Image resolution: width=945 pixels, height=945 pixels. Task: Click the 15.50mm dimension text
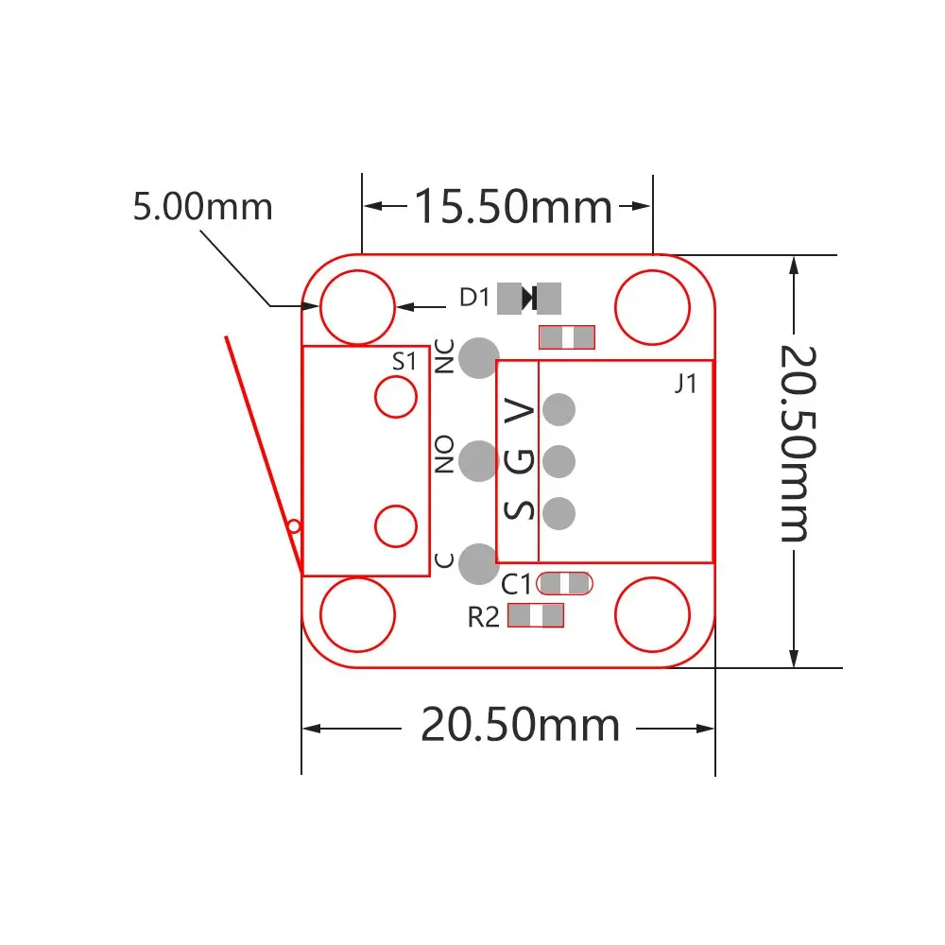514,207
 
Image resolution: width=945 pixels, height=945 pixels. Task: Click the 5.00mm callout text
202,207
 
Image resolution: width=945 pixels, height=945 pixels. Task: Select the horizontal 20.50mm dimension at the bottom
520,726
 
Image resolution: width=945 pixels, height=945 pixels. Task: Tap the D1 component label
474,299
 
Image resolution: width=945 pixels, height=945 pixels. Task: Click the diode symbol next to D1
529,299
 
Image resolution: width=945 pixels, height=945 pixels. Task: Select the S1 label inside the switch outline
404,361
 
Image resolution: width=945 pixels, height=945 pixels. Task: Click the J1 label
686,385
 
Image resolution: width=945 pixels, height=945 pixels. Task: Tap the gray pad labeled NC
479,357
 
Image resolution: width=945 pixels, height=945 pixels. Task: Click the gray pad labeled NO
479,460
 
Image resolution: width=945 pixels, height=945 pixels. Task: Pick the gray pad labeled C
479,564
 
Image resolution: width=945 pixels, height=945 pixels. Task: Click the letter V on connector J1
521,410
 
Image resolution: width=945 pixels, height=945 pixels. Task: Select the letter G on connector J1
521,461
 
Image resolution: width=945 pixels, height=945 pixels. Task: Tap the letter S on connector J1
521,510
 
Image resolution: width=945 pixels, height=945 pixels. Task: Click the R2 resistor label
483,618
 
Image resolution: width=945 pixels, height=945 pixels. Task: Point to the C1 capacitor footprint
564,584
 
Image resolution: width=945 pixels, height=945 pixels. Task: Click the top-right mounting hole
652,307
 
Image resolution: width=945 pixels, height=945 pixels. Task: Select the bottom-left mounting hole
356,615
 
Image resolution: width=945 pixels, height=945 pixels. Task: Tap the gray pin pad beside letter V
559,409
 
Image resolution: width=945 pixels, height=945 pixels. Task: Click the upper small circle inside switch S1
396,397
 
